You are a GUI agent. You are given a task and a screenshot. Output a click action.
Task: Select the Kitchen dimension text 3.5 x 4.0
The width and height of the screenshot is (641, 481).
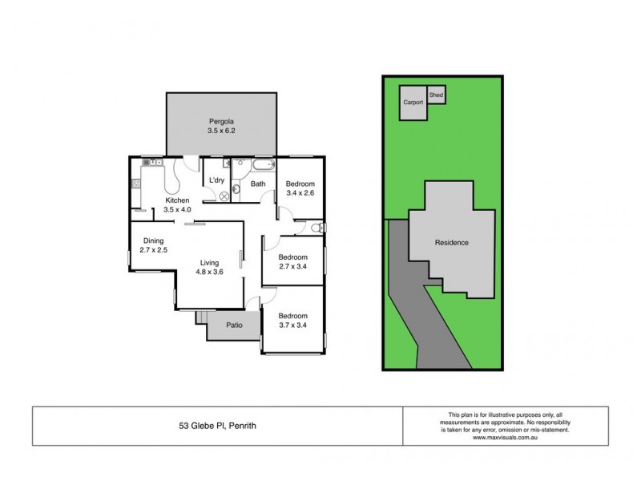pos(178,210)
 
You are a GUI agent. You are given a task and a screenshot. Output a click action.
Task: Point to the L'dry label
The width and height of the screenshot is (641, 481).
pos(216,180)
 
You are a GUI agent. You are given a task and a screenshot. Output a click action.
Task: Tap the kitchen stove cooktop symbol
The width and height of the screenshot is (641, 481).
pos(136,184)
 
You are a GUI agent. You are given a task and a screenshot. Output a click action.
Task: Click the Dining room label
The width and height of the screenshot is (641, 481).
pos(154,240)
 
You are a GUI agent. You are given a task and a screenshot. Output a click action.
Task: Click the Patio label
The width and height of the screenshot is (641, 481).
pos(234,326)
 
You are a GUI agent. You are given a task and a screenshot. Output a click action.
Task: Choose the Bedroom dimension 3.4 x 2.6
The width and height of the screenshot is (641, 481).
pos(300,193)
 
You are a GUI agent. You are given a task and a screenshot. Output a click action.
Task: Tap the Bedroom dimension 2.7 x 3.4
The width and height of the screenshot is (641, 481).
pos(292,266)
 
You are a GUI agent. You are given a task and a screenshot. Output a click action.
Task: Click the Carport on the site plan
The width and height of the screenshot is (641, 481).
pos(413,103)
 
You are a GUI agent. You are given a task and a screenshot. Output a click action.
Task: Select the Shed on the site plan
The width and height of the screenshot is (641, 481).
pos(436,95)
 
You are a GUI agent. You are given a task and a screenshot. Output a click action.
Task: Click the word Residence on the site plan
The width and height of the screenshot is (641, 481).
pos(451,242)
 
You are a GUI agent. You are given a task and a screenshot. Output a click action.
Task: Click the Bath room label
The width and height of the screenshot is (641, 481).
pos(258,184)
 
